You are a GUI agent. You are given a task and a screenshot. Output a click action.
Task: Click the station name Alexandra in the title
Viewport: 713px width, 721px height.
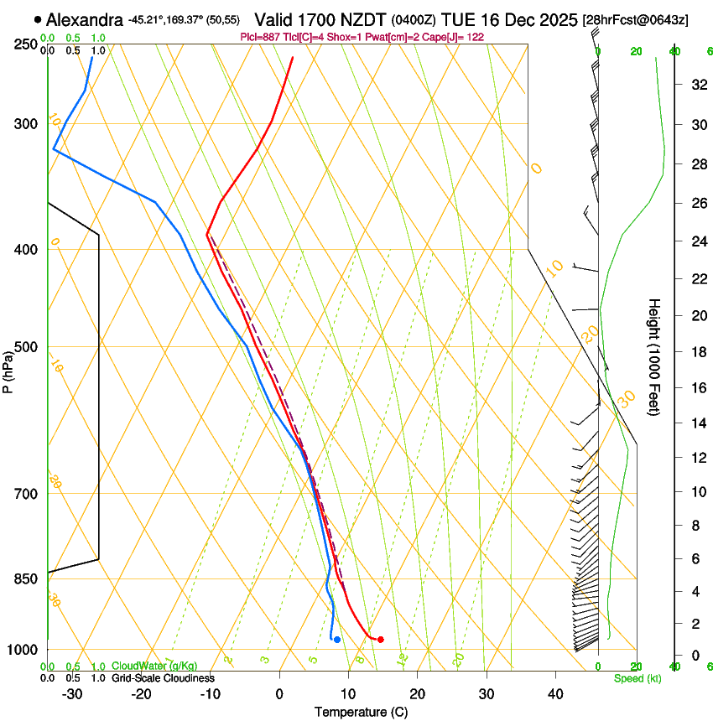tap(86, 19)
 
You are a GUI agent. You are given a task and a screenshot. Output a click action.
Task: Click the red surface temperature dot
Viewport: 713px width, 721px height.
tap(381, 640)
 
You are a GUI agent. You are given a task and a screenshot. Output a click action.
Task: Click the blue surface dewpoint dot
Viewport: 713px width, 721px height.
tap(337, 640)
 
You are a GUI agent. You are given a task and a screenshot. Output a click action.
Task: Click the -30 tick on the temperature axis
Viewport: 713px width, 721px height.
tap(71, 694)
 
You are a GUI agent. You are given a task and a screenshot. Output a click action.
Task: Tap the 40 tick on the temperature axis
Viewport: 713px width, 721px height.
tap(555, 694)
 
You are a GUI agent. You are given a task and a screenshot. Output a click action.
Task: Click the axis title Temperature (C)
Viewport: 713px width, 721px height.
tap(361, 712)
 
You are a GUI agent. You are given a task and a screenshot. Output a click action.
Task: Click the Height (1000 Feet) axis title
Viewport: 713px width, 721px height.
tap(654, 356)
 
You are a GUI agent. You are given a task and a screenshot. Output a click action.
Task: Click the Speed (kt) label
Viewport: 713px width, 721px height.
tap(637, 678)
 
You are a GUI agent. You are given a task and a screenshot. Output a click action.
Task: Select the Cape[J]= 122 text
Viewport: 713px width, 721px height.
tap(456, 38)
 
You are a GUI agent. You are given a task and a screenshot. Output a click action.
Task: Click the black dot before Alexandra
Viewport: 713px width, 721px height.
tap(38, 19)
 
